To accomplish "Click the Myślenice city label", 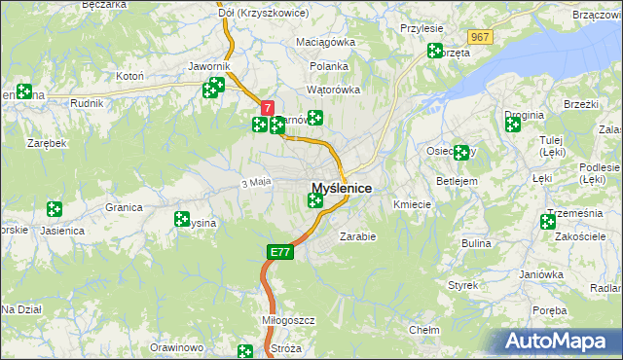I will tap(341, 188).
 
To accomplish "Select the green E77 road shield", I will tap(278, 252).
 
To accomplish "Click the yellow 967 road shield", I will tap(479, 37).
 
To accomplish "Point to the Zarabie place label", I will tap(357, 235).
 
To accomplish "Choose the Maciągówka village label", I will tap(326, 43).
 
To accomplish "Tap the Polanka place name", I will tap(329, 66).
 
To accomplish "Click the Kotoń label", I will tap(130, 76).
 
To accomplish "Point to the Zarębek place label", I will tap(47, 143).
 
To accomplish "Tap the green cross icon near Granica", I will tap(55, 209).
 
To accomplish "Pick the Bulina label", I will tap(476, 242).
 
